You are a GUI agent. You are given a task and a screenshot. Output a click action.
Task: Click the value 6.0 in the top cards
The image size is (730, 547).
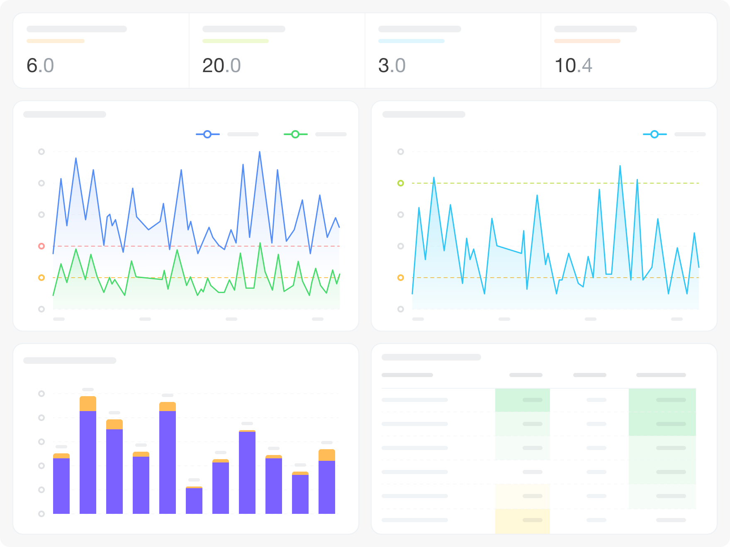(40, 65)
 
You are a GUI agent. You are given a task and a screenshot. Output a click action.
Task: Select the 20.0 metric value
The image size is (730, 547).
(221, 65)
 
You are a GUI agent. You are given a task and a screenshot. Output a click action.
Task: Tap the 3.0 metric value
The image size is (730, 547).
(392, 65)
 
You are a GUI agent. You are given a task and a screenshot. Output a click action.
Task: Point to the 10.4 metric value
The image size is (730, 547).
(573, 65)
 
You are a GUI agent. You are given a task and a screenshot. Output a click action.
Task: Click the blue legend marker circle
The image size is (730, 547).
(207, 134)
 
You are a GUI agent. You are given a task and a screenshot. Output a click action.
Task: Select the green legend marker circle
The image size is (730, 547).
(295, 134)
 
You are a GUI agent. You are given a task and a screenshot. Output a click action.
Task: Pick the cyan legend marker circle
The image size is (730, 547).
(655, 134)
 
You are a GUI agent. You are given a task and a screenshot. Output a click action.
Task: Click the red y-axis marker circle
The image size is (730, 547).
(41, 246)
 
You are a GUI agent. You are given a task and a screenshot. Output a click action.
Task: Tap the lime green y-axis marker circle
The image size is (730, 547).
(401, 183)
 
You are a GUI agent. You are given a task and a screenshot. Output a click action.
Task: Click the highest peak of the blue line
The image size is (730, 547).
(260, 152)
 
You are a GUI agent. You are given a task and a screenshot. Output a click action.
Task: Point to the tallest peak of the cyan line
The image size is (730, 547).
(620, 166)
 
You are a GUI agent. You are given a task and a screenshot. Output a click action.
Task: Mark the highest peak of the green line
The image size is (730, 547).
(260, 243)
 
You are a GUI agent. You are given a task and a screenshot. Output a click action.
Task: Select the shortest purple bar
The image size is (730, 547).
(194, 501)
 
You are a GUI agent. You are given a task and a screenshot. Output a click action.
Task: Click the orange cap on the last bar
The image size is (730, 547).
(327, 455)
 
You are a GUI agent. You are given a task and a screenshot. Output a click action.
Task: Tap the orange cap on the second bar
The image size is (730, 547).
(88, 404)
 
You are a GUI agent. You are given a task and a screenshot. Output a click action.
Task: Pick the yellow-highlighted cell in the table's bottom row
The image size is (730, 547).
(523, 520)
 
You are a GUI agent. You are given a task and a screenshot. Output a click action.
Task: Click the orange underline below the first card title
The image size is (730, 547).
(56, 41)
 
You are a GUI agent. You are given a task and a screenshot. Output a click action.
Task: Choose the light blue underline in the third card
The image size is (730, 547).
(411, 41)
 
